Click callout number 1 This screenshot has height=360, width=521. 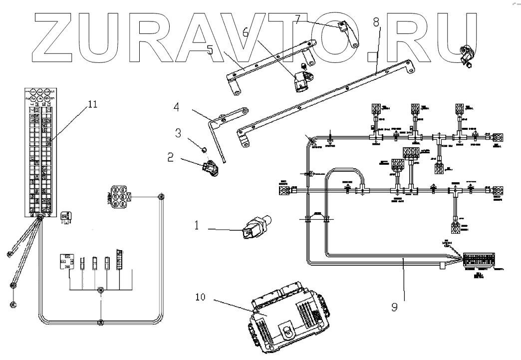(x=196, y=226)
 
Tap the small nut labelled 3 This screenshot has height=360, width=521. (x=203, y=149)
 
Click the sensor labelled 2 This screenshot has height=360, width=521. (x=211, y=168)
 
